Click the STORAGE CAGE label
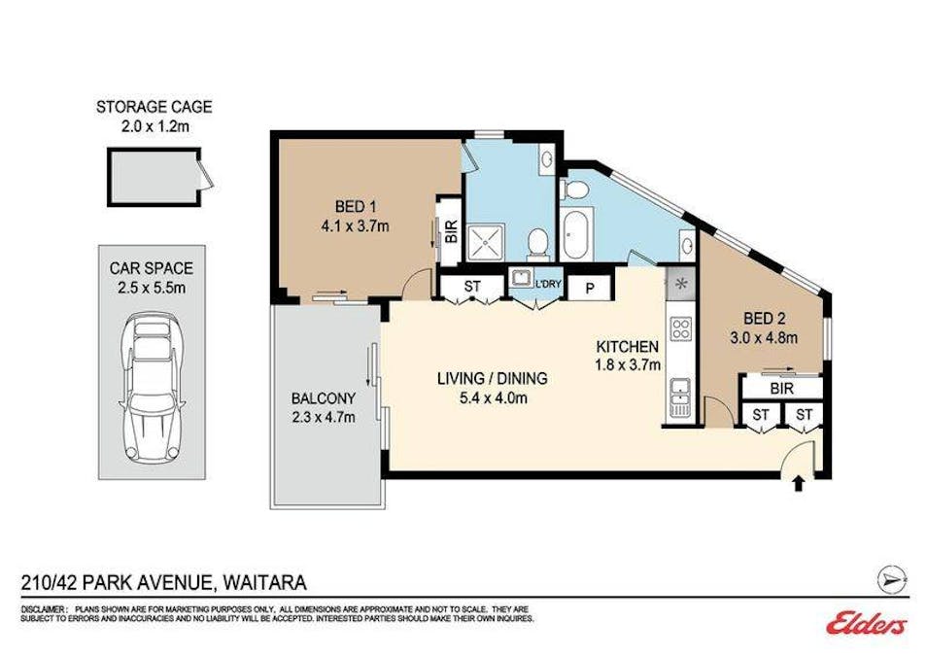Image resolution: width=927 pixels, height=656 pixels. click(154, 107)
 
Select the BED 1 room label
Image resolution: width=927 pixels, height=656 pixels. click(356, 206)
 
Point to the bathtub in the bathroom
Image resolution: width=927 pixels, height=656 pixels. click(575, 232)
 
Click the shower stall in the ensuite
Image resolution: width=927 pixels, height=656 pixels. click(487, 243)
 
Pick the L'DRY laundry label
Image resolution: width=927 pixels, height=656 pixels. click(548, 284)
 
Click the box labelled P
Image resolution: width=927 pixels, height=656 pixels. click(590, 288)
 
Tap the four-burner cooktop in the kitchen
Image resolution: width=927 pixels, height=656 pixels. click(680, 328)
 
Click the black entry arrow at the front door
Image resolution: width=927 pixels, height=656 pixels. click(798, 483)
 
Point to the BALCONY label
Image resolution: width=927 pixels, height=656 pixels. click(324, 398)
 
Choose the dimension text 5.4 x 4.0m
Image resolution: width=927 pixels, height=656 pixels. click(493, 398)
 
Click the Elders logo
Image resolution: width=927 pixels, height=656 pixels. click(867, 624)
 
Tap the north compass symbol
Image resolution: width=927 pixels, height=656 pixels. click(893, 579)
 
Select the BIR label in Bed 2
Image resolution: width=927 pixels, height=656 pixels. click(781, 389)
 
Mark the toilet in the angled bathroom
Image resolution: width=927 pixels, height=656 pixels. click(573, 190)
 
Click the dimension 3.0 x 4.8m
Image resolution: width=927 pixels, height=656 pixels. click(765, 338)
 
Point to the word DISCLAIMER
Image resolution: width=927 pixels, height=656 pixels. click(45, 609)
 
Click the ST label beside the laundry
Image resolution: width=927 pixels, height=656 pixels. click(472, 287)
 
